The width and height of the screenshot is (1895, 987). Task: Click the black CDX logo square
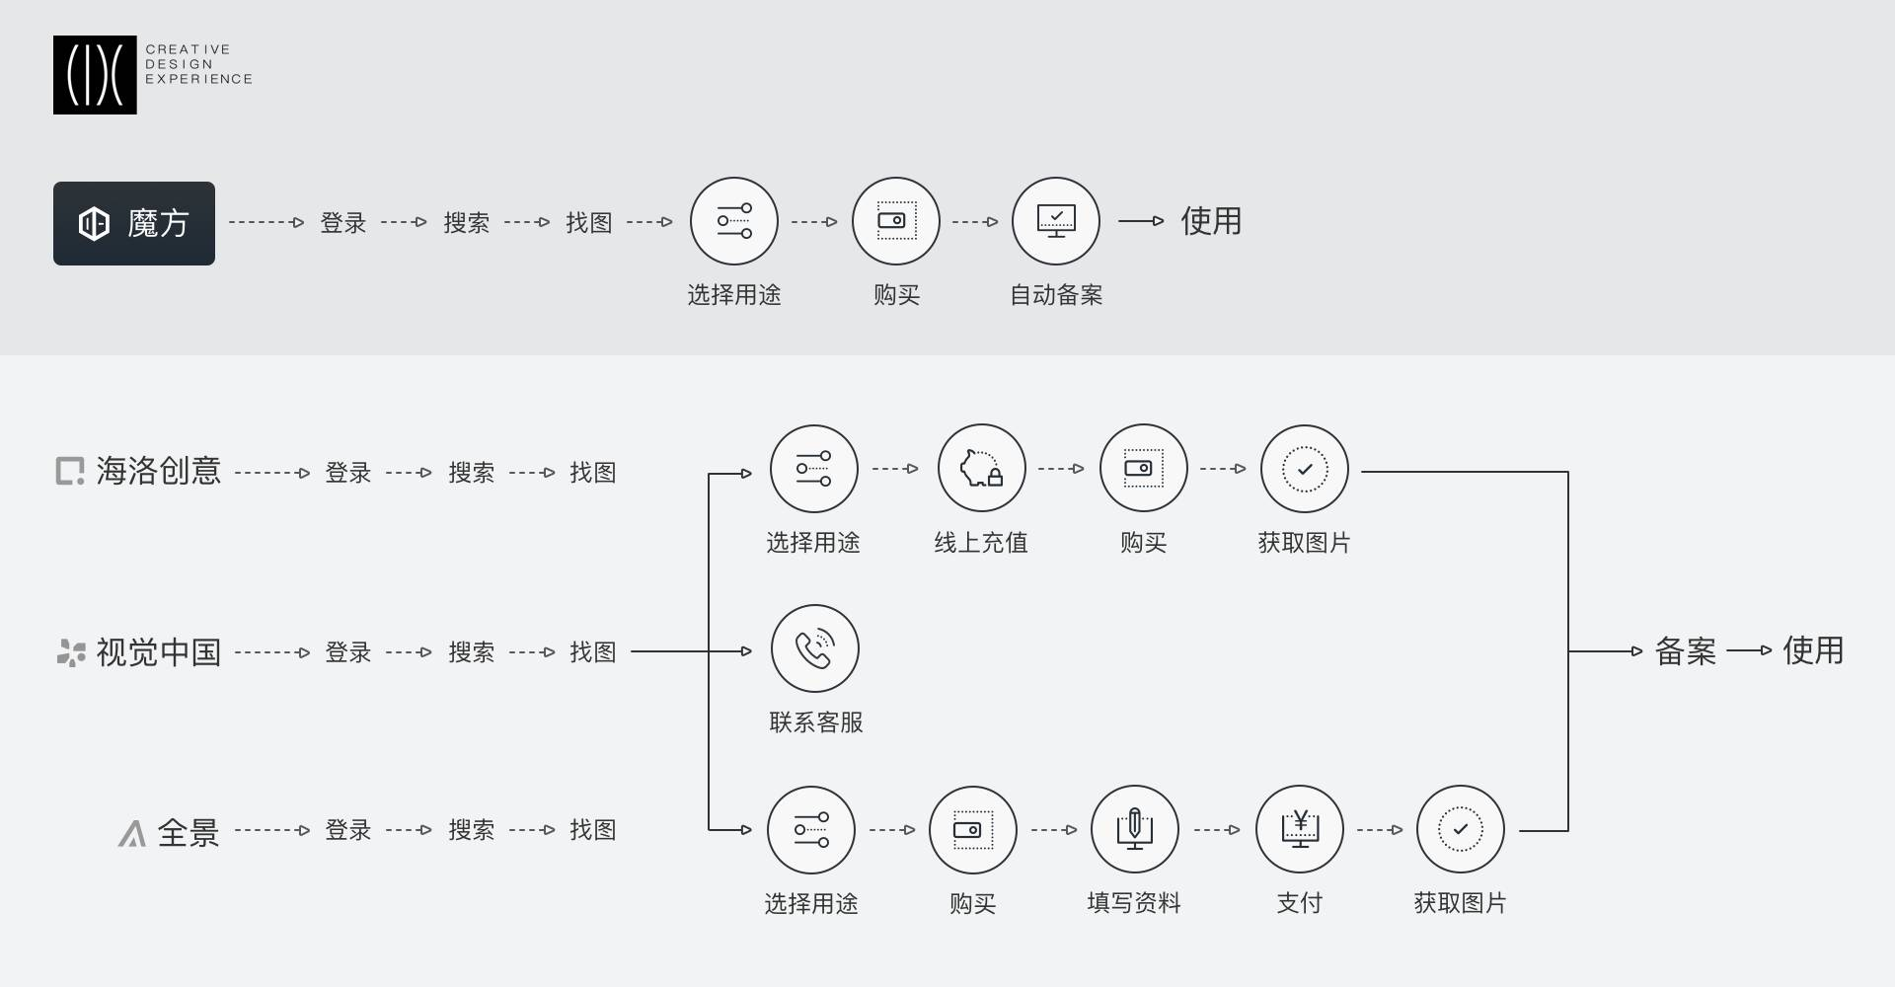click(95, 75)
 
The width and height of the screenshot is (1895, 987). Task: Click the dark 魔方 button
click(134, 223)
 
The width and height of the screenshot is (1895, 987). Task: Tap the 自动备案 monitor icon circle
click(1056, 221)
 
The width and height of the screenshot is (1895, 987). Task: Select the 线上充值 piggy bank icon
click(981, 469)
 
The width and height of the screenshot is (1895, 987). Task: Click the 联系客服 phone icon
click(815, 648)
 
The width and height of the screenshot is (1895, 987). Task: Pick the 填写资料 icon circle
click(1134, 829)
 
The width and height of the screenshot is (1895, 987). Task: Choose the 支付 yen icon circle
click(1299, 829)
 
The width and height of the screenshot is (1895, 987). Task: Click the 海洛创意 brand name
click(158, 472)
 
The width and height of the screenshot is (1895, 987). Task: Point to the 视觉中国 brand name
click(158, 652)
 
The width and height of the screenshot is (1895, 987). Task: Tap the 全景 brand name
click(188, 832)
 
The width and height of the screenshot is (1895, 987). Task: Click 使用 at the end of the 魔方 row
click(1211, 221)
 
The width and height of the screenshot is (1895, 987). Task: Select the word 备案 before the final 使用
click(1685, 651)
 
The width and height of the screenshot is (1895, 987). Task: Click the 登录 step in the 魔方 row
click(343, 223)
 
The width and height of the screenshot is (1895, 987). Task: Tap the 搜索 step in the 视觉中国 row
click(471, 652)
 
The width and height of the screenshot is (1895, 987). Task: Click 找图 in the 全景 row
click(592, 830)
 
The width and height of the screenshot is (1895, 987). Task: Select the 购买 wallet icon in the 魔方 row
click(896, 221)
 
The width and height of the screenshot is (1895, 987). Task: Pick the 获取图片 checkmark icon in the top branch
click(1305, 469)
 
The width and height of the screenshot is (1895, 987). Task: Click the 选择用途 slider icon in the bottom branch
click(811, 829)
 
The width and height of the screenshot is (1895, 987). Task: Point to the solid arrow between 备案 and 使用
click(1749, 651)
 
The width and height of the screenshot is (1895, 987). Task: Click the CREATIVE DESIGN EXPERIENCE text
click(198, 64)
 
